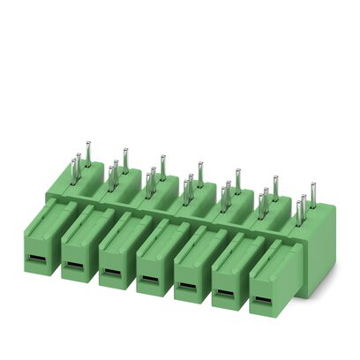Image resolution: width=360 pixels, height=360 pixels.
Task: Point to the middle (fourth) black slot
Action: (150, 281)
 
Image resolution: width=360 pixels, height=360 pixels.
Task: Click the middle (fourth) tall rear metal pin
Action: (200, 173)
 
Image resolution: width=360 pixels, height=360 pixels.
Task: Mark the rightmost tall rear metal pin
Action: (313, 193)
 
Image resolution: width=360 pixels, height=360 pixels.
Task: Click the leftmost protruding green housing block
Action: (40, 234)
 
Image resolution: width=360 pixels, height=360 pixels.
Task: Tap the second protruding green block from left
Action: (78, 243)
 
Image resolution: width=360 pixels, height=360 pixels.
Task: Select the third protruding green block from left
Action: (116, 251)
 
